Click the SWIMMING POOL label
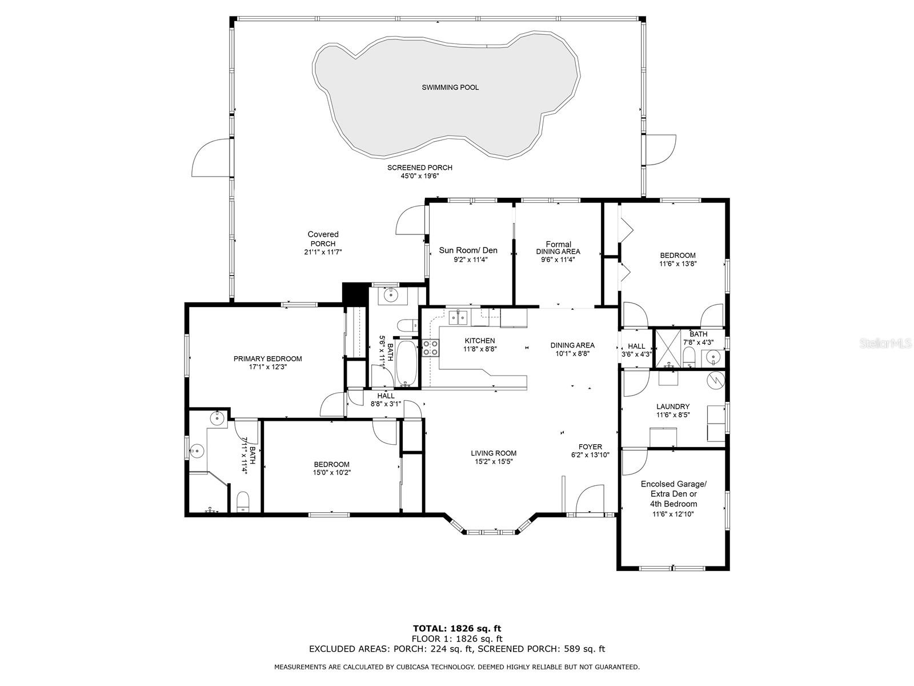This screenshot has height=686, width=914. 450,87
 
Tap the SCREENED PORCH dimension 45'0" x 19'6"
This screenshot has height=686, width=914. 420,176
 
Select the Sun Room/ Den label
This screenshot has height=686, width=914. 468,250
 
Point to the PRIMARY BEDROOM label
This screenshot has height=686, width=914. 267,358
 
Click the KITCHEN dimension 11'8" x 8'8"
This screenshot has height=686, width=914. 480,349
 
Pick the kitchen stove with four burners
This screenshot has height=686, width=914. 430,348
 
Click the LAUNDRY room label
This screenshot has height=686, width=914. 673,406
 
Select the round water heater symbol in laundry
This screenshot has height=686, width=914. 716,380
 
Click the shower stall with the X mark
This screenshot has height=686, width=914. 668,349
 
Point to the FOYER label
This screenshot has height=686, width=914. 590,447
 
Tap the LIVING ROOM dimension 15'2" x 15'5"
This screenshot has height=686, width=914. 494,461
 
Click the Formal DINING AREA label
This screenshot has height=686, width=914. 558,248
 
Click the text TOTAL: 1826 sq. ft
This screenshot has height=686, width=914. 457,628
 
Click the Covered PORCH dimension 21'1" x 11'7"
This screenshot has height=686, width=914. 323,252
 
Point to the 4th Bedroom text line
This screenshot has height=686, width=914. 674,504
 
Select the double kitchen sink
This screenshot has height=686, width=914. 458,318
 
